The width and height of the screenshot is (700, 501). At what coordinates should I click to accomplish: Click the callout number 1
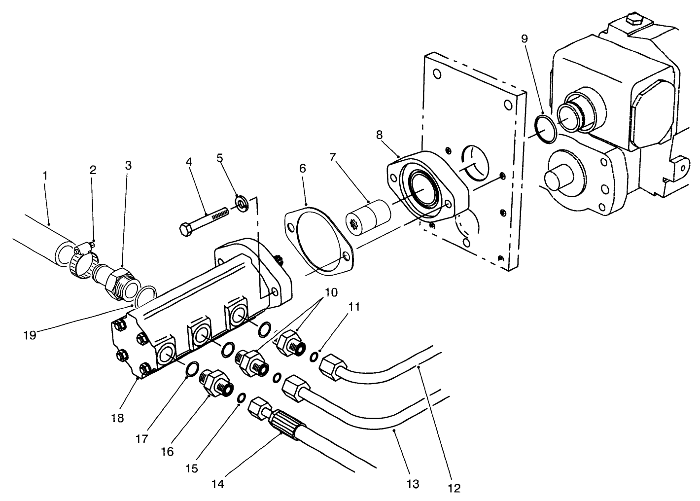45,175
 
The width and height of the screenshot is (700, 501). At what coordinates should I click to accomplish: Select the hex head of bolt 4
186,230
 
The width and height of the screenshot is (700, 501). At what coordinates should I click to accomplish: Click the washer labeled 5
242,203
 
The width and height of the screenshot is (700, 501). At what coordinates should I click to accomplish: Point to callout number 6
302,169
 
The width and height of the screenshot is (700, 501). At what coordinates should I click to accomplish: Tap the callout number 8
379,134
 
